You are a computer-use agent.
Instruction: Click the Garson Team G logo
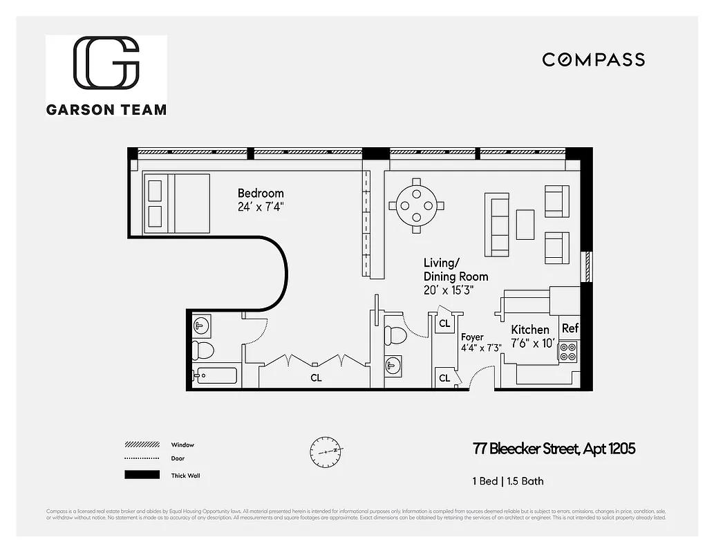click(x=106, y=63)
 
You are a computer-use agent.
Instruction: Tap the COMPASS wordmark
click(x=593, y=60)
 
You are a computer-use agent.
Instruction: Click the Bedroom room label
click(x=261, y=194)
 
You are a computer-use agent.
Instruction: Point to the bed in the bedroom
click(x=176, y=203)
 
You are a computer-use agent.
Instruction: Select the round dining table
click(x=417, y=205)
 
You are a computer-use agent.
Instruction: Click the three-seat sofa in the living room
click(x=497, y=224)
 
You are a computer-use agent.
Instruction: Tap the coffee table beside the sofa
click(x=525, y=224)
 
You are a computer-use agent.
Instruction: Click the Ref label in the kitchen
click(x=570, y=328)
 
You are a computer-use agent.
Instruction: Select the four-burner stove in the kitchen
click(x=568, y=352)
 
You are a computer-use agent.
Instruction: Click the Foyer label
click(x=472, y=337)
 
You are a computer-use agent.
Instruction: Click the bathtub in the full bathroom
click(x=216, y=376)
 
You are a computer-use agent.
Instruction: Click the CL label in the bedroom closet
click(x=316, y=378)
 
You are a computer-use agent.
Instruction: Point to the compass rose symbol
click(x=326, y=451)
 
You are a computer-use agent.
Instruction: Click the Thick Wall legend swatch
click(x=142, y=475)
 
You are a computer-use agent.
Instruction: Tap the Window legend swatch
click(x=142, y=444)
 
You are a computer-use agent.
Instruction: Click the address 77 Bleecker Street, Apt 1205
click(x=554, y=449)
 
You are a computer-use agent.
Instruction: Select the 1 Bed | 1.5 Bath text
click(x=508, y=480)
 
